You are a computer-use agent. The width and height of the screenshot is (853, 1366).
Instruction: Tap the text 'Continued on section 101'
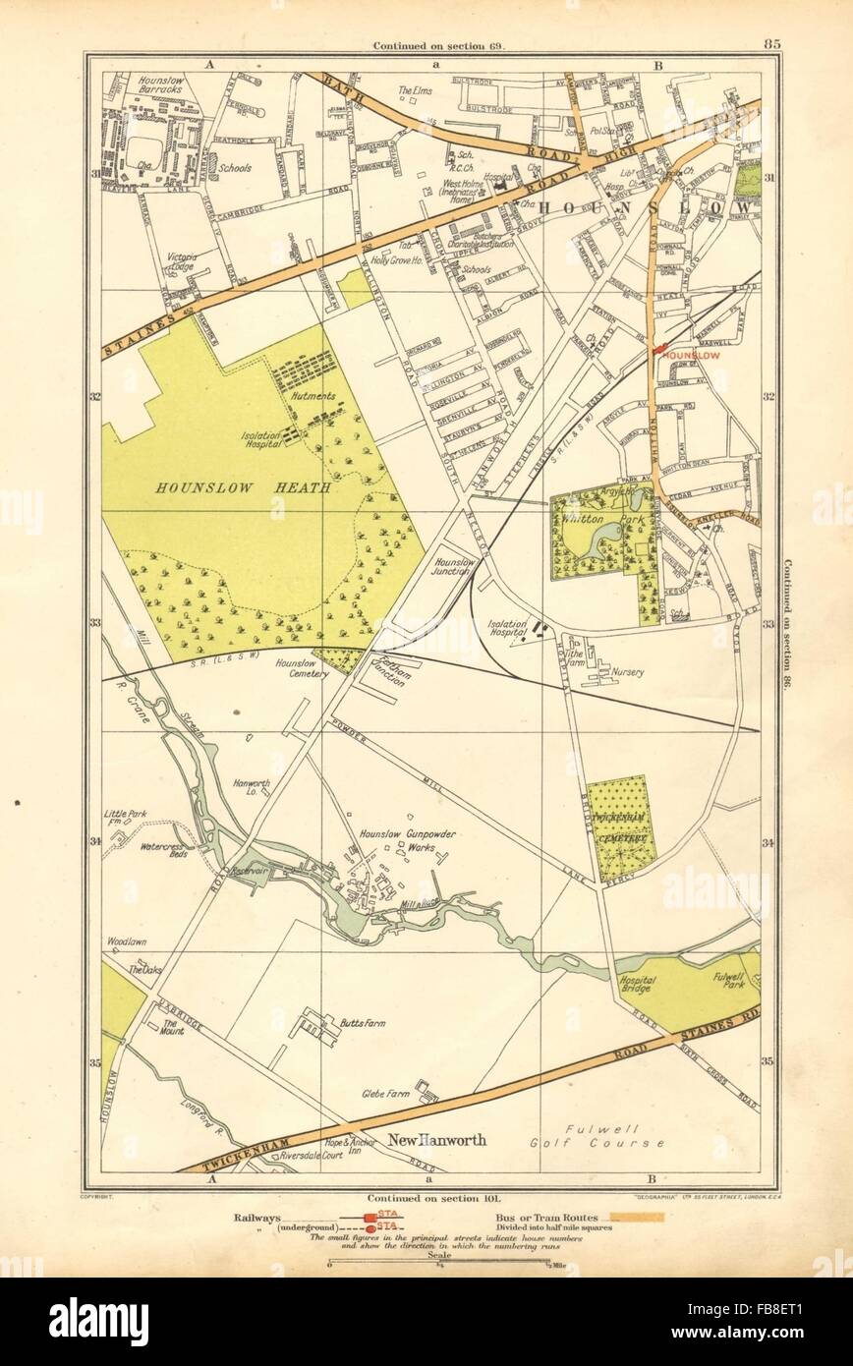pyautogui.click(x=426, y=1199)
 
